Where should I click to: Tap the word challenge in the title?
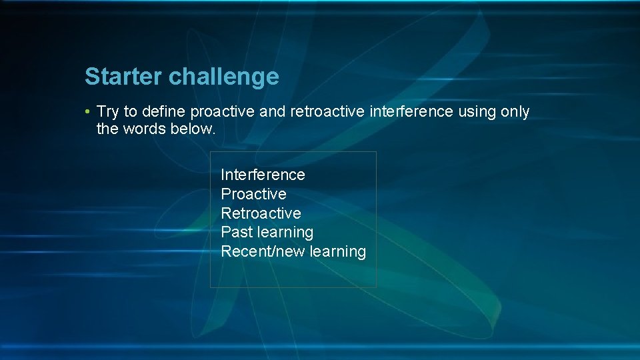(223, 77)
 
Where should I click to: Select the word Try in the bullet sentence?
(108, 112)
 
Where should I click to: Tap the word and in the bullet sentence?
(272, 111)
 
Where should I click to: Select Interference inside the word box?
(263, 175)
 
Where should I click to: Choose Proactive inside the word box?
(253, 194)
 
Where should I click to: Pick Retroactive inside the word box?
(261, 213)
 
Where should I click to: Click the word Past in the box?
(236, 232)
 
